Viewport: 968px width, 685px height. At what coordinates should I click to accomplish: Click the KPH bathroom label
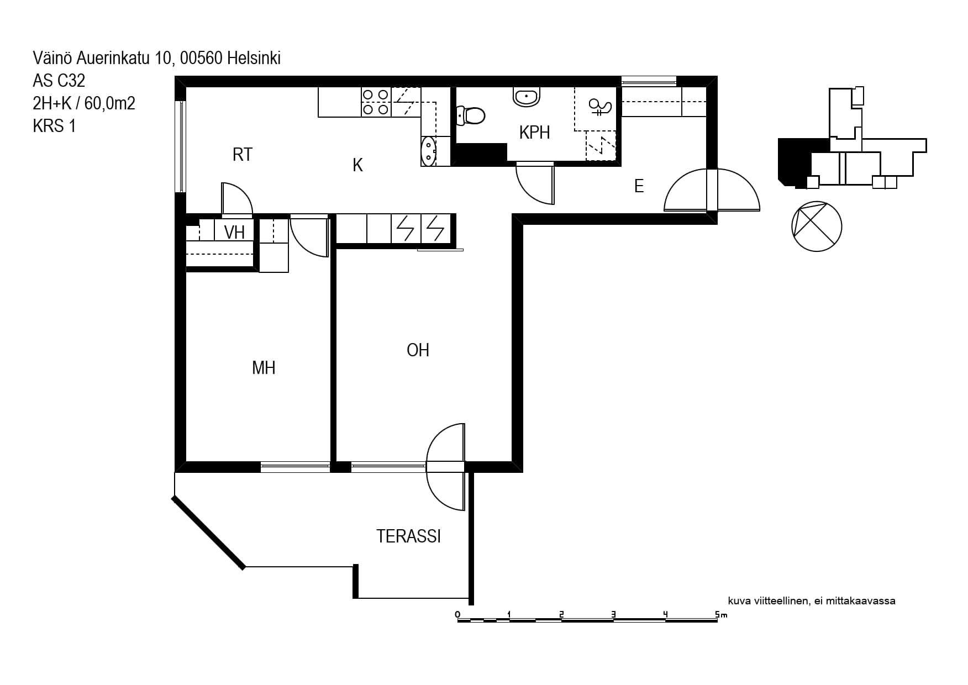534,133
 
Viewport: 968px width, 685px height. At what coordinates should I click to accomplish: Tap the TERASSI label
409,536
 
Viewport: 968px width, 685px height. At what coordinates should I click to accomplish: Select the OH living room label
418,350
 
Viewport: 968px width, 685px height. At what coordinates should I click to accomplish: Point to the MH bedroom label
264,368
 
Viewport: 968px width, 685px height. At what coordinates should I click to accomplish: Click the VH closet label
234,233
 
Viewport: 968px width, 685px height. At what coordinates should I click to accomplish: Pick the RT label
243,155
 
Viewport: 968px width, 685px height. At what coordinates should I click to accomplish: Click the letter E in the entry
639,186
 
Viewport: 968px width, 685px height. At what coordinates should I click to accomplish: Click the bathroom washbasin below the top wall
527,96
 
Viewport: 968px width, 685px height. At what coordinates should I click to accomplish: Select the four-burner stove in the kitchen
376,102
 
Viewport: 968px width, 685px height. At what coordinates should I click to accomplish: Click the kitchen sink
429,151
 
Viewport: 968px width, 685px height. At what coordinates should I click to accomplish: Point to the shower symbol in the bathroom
599,107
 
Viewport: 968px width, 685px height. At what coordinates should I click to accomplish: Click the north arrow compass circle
817,226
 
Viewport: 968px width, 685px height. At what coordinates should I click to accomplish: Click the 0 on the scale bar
457,614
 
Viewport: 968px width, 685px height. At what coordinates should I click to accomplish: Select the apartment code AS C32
59,81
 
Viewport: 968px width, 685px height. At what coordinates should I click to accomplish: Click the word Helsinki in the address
254,58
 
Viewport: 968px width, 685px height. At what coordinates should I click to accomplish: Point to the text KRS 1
54,126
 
